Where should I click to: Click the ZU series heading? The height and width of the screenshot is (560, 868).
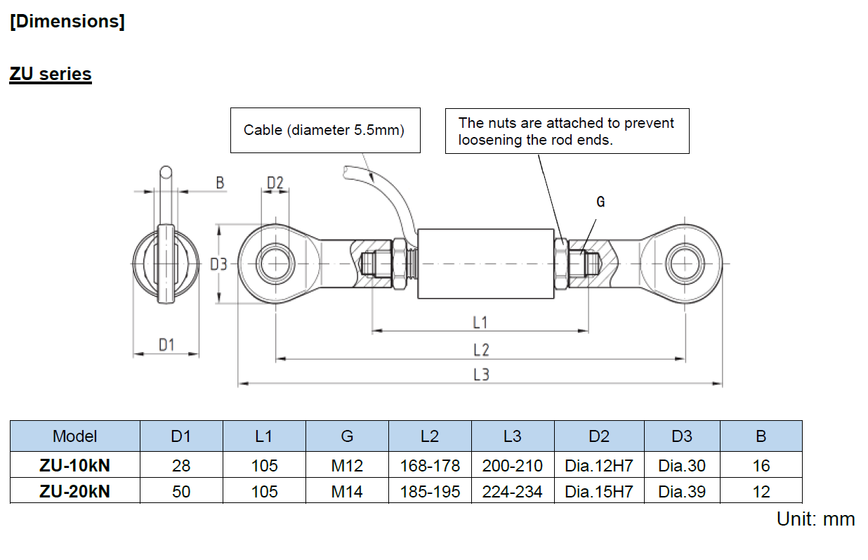[51, 74]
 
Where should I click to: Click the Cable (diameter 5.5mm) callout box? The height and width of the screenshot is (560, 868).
[325, 130]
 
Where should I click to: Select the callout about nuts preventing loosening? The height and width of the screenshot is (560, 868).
[567, 131]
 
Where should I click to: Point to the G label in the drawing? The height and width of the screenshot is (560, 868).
[600, 202]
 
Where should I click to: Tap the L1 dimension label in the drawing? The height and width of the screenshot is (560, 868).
[480, 323]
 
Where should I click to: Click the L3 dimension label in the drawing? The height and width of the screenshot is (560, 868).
[481, 375]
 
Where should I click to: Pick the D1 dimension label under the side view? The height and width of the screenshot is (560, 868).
[166, 345]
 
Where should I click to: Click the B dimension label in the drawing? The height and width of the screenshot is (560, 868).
[220, 183]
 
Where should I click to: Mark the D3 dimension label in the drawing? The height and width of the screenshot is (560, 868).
[218, 264]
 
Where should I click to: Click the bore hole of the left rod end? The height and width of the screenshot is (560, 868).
[275, 263]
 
